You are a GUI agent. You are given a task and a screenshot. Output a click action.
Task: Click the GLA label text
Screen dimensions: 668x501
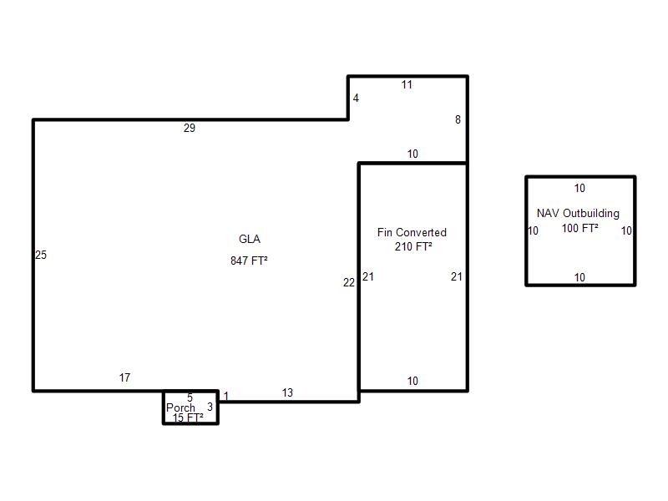pos(249,239)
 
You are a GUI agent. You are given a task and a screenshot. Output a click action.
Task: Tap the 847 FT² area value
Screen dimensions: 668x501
pos(249,261)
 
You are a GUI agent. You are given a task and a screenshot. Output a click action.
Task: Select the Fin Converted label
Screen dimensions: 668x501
pos(412,232)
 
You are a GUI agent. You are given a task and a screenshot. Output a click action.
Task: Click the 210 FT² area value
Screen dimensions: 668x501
pos(413,246)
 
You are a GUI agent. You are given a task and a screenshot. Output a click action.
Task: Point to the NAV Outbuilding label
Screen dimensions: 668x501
pos(578,213)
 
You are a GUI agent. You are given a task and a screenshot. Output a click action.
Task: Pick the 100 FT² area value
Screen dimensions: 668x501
pos(579,228)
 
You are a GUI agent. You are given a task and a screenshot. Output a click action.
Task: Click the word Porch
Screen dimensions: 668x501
pos(180,407)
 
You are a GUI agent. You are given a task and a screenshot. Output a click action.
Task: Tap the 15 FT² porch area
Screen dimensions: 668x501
pos(188,418)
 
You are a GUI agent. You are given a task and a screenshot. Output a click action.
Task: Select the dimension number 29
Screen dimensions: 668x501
pos(190,128)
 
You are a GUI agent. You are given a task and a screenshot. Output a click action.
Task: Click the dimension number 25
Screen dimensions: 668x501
pos(41,255)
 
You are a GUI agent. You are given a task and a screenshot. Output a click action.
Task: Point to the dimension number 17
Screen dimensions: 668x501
pos(124,377)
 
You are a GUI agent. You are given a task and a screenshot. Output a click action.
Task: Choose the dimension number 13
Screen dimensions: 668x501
pos(287,392)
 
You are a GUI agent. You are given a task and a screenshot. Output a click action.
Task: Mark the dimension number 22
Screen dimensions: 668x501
pos(349,282)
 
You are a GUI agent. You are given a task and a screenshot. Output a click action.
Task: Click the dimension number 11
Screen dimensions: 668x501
pos(407,85)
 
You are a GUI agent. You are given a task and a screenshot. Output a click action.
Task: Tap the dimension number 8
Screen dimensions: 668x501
pos(458,119)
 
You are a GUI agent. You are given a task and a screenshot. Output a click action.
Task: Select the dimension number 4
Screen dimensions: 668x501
pos(357,98)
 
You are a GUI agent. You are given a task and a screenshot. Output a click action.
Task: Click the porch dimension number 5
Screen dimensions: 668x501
pos(190,397)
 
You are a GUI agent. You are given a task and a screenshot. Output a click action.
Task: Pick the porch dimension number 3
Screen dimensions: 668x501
pos(210,407)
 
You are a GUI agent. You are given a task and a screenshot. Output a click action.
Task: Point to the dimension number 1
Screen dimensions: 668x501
pos(226,396)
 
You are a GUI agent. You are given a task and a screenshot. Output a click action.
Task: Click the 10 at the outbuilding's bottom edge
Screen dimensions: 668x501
pos(579,277)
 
